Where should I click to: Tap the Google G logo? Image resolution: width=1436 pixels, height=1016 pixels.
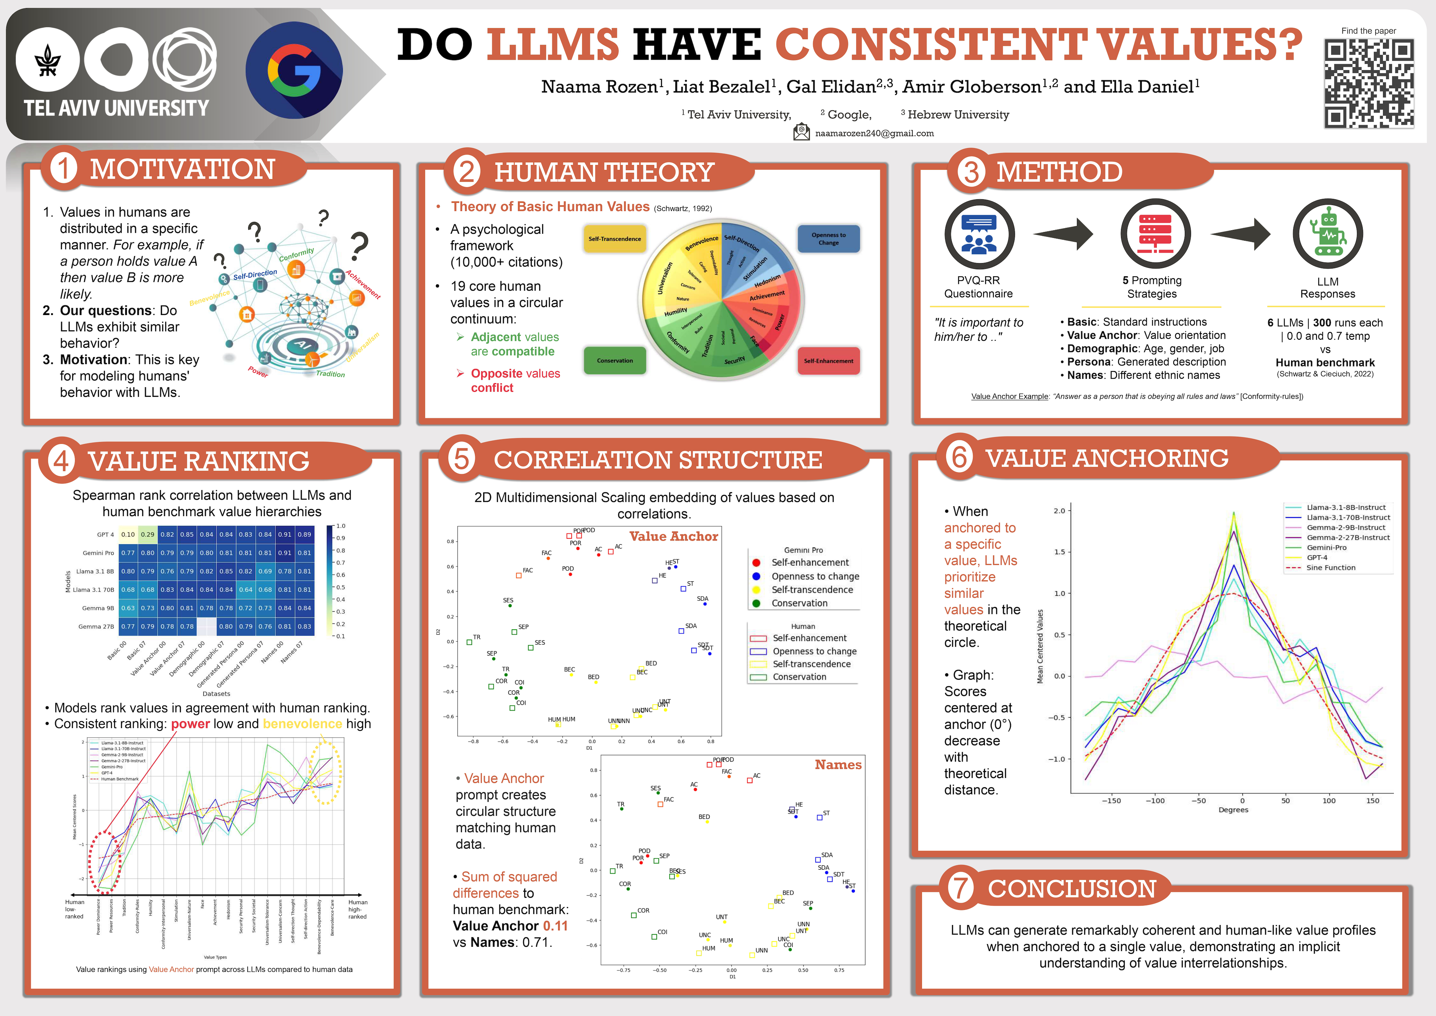pyautogui.click(x=294, y=70)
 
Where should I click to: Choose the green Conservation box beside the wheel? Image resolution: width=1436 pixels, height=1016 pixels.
pyautogui.click(x=614, y=361)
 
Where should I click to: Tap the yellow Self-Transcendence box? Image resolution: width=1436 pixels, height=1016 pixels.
pyautogui.click(x=614, y=239)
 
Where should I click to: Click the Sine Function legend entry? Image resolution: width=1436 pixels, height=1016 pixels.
pyautogui.click(x=1330, y=567)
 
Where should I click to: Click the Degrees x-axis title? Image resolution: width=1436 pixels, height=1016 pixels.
pyautogui.click(x=1233, y=810)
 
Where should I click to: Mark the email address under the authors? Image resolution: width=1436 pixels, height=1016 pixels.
pyautogui.click(x=874, y=133)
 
